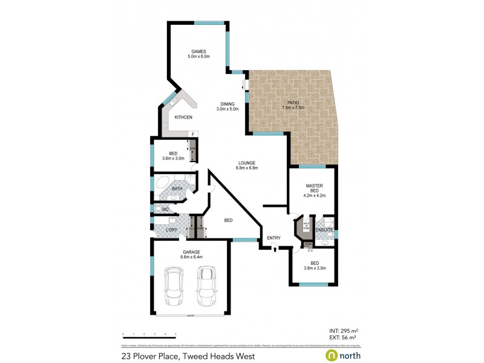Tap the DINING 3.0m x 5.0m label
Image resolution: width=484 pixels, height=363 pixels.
pos(227,106)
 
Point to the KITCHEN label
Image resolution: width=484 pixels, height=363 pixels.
pos(183,117)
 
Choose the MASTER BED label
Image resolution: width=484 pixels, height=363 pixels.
pos(314,189)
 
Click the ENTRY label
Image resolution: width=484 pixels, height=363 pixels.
pos(273,238)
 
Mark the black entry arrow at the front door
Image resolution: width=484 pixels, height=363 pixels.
pos(274,249)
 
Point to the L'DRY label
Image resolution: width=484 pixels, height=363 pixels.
pos(171,230)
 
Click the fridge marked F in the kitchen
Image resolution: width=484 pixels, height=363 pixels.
pos(192,134)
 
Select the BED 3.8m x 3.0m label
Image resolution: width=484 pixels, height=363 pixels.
pos(314,265)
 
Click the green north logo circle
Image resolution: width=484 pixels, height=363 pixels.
pos(332,355)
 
